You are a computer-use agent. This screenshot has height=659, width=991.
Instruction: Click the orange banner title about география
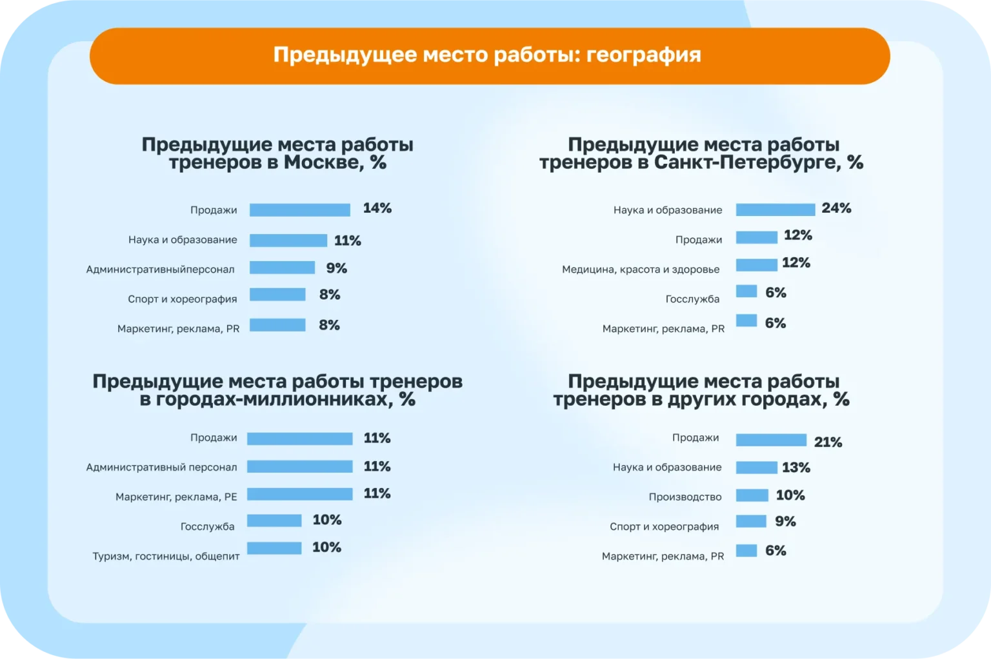487,55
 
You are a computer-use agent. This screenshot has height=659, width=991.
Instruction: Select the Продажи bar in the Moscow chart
299,210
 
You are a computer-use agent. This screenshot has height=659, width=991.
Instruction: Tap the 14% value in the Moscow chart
377,208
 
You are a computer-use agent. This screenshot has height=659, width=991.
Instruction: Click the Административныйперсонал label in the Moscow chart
160,269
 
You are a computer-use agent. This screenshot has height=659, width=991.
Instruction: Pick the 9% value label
336,268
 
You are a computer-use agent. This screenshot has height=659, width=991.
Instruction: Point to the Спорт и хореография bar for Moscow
277,294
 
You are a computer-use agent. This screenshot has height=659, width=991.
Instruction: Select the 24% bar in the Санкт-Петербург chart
776,210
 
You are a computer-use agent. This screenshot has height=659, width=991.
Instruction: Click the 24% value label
836,208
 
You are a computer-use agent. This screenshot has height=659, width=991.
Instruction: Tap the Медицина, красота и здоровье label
641,269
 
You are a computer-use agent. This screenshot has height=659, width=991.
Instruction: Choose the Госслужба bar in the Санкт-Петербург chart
746,291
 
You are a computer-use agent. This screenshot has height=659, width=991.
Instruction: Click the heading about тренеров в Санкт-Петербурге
701,153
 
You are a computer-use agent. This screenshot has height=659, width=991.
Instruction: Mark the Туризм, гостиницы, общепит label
166,556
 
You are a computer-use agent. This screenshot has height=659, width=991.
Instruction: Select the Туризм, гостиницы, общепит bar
274,548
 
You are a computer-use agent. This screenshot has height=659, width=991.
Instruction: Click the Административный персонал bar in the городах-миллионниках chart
299,466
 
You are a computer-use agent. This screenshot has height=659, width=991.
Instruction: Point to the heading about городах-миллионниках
277,390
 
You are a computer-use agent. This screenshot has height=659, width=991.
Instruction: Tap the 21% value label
828,442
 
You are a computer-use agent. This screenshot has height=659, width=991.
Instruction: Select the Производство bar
752,495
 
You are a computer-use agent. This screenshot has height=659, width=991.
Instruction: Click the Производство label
685,497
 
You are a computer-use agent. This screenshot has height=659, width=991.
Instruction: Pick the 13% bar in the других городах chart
756,467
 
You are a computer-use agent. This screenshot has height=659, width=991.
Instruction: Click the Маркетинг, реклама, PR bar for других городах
746,551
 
